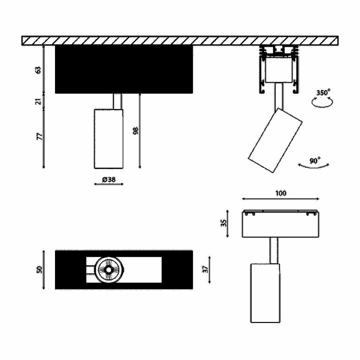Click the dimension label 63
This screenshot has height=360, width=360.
38,70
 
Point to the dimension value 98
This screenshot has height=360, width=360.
136,131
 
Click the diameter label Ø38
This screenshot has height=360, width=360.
109,179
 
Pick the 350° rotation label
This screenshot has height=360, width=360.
323,93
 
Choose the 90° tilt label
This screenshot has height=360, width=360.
315,160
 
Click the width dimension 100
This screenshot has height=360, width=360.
280,193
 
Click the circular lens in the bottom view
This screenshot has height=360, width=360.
109,269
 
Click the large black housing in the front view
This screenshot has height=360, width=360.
123,69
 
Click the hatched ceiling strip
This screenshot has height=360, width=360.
180,41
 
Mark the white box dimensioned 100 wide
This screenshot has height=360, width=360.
280,224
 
